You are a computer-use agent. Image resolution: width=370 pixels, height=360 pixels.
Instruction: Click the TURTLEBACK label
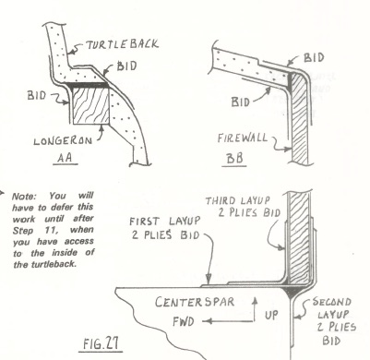(x=122, y=45)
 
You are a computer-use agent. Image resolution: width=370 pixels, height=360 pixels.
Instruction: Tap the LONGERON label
(x=63, y=141)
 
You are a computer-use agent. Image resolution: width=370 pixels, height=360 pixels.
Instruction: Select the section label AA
(x=65, y=158)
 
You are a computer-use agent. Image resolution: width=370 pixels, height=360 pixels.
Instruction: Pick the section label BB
(x=235, y=159)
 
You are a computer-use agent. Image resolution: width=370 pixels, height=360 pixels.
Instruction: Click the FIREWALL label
(x=243, y=138)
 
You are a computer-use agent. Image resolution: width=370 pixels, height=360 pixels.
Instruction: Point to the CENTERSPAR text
(x=195, y=302)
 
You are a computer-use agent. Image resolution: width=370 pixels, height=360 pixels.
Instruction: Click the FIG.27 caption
(x=101, y=343)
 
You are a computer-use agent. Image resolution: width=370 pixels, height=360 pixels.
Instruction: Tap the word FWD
(x=184, y=321)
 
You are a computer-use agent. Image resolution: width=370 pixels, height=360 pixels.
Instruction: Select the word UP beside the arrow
(x=271, y=315)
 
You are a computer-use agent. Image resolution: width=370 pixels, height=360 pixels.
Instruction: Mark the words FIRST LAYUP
(x=164, y=222)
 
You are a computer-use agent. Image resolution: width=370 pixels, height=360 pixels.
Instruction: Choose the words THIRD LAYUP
(x=238, y=201)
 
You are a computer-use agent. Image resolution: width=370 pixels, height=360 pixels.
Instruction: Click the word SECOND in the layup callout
(x=331, y=302)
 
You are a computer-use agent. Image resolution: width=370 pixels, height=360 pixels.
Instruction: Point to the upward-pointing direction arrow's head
(x=255, y=300)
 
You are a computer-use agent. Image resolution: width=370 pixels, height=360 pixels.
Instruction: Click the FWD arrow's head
(x=207, y=321)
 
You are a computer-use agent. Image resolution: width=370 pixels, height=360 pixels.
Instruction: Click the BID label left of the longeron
(x=37, y=95)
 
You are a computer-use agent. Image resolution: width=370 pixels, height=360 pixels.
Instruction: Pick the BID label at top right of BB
(x=314, y=58)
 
